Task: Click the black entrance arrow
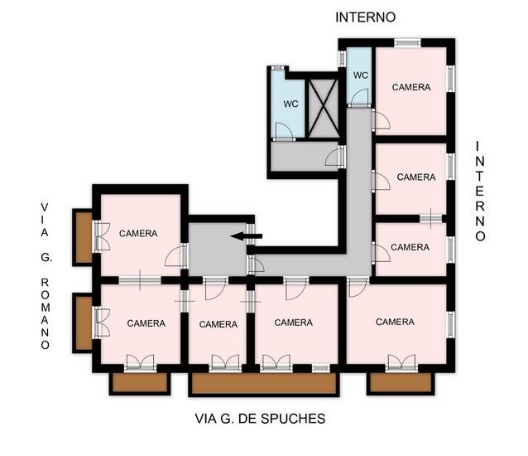click(246, 236)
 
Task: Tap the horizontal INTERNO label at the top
click(365, 17)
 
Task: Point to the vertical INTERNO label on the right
click(479, 191)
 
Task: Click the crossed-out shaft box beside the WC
click(323, 106)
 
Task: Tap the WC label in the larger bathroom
click(290, 104)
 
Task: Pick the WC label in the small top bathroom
click(361, 75)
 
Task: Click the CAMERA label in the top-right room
click(411, 87)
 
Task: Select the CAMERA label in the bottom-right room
click(395, 322)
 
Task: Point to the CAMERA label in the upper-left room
click(138, 234)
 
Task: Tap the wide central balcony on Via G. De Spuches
click(263, 383)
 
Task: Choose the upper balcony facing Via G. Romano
click(83, 237)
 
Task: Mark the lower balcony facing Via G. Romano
click(83, 323)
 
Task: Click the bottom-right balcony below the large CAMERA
click(401, 382)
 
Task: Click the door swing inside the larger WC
click(283, 129)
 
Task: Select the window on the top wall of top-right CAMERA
click(406, 42)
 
